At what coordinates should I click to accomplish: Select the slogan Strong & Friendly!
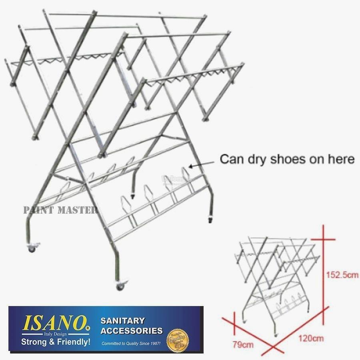point(51,342)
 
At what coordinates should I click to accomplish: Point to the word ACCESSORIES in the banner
point(132,331)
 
